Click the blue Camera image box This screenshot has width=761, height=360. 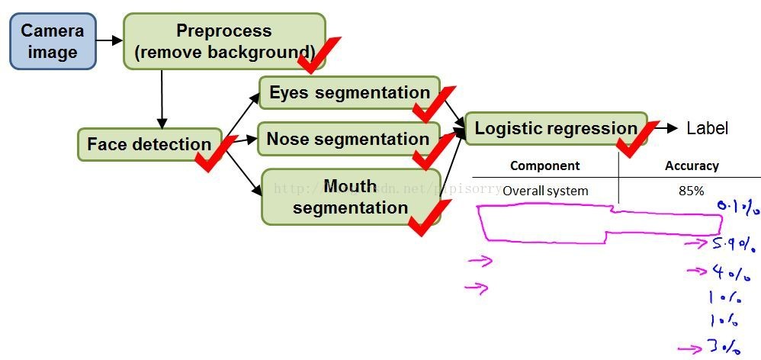click(x=53, y=41)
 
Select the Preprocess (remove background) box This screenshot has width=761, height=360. click(x=223, y=41)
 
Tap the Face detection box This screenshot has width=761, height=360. click(x=148, y=144)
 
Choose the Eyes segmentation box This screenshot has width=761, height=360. click(x=349, y=93)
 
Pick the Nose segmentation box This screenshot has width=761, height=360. click(x=348, y=140)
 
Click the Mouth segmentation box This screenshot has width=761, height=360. click(x=350, y=197)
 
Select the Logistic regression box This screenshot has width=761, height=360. click(x=555, y=129)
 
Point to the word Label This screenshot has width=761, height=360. click(x=707, y=129)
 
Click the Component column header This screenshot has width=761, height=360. click(x=544, y=166)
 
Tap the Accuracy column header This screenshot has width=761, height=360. click(x=692, y=166)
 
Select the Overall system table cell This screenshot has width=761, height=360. click(x=545, y=191)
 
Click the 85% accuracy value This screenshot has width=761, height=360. click(x=691, y=191)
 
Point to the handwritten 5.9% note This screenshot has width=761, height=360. click(x=734, y=245)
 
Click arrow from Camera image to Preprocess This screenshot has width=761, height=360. click(x=111, y=40)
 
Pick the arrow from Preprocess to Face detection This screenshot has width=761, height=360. click(x=162, y=99)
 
